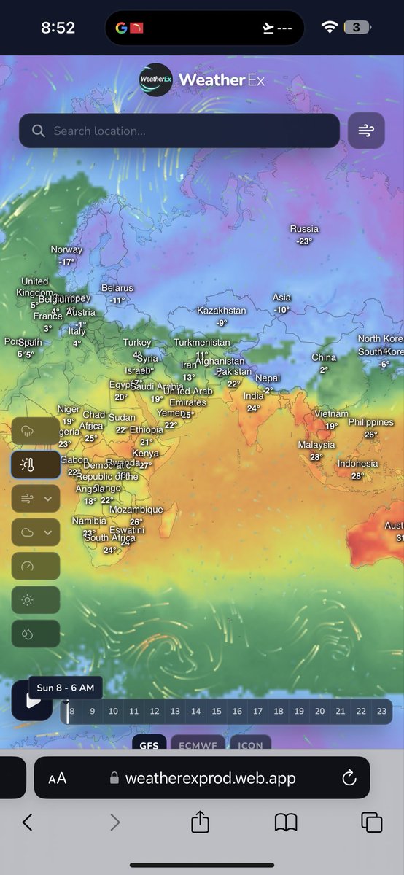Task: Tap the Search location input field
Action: tap(179, 131)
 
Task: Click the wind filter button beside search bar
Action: tap(365, 131)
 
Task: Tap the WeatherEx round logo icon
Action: tap(155, 79)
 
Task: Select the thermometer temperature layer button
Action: tap(35, 464)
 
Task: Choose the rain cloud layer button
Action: tap(35, 430)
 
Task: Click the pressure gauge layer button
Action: tap(35, 566)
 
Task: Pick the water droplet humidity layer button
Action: tap(35, 634)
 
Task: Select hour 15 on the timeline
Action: tap(217, 711)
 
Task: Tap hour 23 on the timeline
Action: tap(381, 711)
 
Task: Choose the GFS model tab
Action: tap(149, 744)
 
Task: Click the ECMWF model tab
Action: tap(198, 744)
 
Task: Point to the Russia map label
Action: tap(304, 229)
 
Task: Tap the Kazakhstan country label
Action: tap(222, 311)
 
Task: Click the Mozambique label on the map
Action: tap(136, 510)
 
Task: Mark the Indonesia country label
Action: tap(357, 464)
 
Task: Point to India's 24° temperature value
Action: tap(253, 408)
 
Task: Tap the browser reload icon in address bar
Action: tap(349, 777)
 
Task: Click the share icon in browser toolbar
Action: tap(200, 822)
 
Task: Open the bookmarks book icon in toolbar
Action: tap(286, 822)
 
